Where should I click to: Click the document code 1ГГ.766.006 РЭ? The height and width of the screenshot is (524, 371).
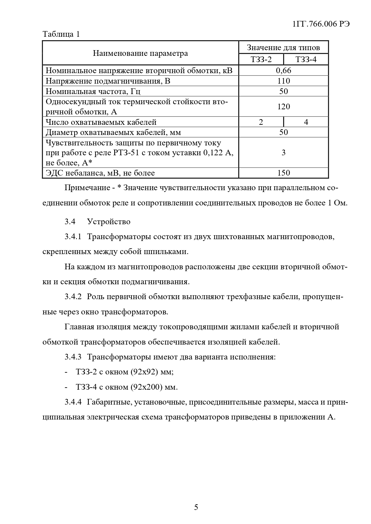pos(321,24)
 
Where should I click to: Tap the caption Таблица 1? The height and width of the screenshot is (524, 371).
pos(61,34)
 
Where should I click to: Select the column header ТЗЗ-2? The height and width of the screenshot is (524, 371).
pos(261,59)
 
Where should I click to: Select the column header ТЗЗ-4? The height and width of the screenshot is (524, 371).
pos(306,59)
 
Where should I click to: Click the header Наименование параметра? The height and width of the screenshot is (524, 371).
pos(141,53)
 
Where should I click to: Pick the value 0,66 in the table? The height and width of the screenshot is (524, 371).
pos(283,70)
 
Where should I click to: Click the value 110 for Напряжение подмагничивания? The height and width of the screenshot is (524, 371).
pos(283,81)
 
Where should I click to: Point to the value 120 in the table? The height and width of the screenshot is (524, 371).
pos(283,107)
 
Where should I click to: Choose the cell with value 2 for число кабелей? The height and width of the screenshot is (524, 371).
pos(261,122)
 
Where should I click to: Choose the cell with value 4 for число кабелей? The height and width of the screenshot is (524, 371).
pos(306,122)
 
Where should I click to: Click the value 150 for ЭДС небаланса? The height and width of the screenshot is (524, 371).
pos(283,173)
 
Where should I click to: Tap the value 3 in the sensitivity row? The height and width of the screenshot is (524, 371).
pos(283,153)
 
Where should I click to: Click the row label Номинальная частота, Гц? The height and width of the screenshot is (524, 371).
pos(93,91)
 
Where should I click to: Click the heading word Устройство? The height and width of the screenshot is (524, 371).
pos(109,222)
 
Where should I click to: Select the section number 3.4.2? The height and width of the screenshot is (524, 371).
pos(73,297)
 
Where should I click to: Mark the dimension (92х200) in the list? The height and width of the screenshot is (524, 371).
pos(147,387)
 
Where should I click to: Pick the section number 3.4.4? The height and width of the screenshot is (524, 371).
pos(73,402)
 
